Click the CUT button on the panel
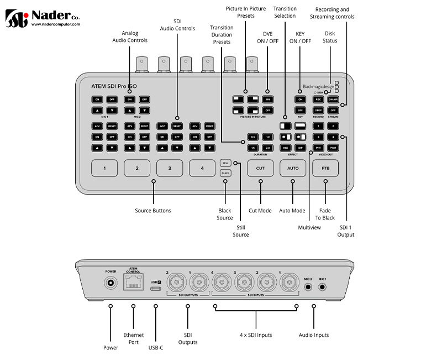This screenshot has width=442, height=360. click(260, 168)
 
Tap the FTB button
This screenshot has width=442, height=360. click(325, 168)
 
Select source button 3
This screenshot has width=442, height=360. click(170, 168)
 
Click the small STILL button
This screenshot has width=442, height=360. click(225, 163)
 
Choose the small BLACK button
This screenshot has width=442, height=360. click(225, 173)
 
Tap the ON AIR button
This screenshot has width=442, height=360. click(333, 100)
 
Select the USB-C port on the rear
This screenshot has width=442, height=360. click(155, 288)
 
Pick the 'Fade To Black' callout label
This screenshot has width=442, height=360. click(325, 214)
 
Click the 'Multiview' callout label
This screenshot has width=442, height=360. click(309, 227)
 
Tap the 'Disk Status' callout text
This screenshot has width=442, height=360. click(330, 36)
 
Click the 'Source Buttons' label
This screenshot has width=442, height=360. click(153, 211)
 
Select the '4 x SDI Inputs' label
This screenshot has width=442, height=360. click(256, 335)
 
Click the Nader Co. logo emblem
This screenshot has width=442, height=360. click(16, 18)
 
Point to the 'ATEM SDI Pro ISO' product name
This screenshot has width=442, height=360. click(114, 86)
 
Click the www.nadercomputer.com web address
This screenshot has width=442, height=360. click(56, 24)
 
